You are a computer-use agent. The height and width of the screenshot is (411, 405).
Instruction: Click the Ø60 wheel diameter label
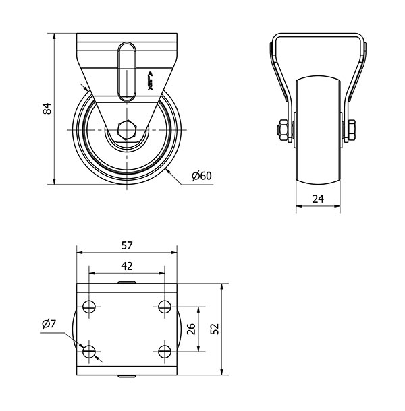click(x=201, y=176)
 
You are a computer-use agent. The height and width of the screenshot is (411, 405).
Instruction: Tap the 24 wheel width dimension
click(x=318, y=198)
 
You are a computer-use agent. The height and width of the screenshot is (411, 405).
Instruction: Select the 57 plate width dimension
click(x=127, y=246)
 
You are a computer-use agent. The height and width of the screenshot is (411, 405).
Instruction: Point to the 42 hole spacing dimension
click(x=127, y=265)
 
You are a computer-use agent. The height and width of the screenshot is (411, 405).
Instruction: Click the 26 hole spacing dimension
click(x=191, y=329)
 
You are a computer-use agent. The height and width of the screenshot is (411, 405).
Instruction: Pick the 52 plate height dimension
click(x=215, y=329)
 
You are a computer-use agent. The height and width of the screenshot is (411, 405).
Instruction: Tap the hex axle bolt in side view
click(x=126, y=129)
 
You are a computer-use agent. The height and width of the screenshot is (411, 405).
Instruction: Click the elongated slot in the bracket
click(x=126, y=71)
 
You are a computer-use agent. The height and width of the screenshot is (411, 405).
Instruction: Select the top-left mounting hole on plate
click(x=89, y=307)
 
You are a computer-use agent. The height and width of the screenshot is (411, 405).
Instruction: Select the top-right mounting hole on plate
click(x=164, y=307)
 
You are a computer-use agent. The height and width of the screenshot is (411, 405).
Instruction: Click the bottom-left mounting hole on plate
click(x=89, y=350)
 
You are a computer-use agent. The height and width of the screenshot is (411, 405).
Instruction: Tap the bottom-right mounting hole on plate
click(x=164, y=350)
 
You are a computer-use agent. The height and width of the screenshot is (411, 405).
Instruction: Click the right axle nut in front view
click(x=352, y=129)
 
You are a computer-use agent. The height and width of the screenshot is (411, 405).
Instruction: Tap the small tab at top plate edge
click(x=126, y=282)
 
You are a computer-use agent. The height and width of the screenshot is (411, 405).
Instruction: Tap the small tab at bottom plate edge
click(x=126, y=376)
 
